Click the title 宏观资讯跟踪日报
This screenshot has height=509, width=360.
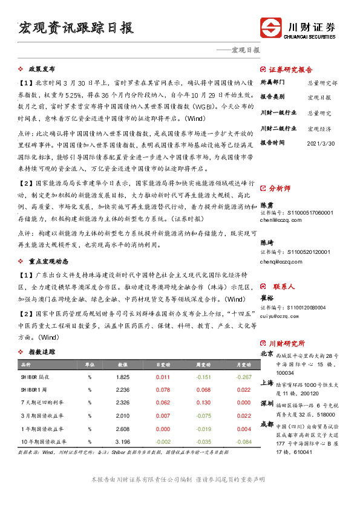coord(76,28)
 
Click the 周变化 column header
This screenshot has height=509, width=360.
coord(203,365)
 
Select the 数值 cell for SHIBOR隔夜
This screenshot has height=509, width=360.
coord(122,377)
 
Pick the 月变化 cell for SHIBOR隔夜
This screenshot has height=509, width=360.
coord(244,377)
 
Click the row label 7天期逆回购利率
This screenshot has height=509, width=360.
coord(39,402)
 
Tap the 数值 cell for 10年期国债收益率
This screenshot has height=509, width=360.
coord(122,442)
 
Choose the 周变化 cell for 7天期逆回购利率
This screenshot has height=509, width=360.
coord(203,402)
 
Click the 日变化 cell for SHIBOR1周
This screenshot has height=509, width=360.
coord(163,389)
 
